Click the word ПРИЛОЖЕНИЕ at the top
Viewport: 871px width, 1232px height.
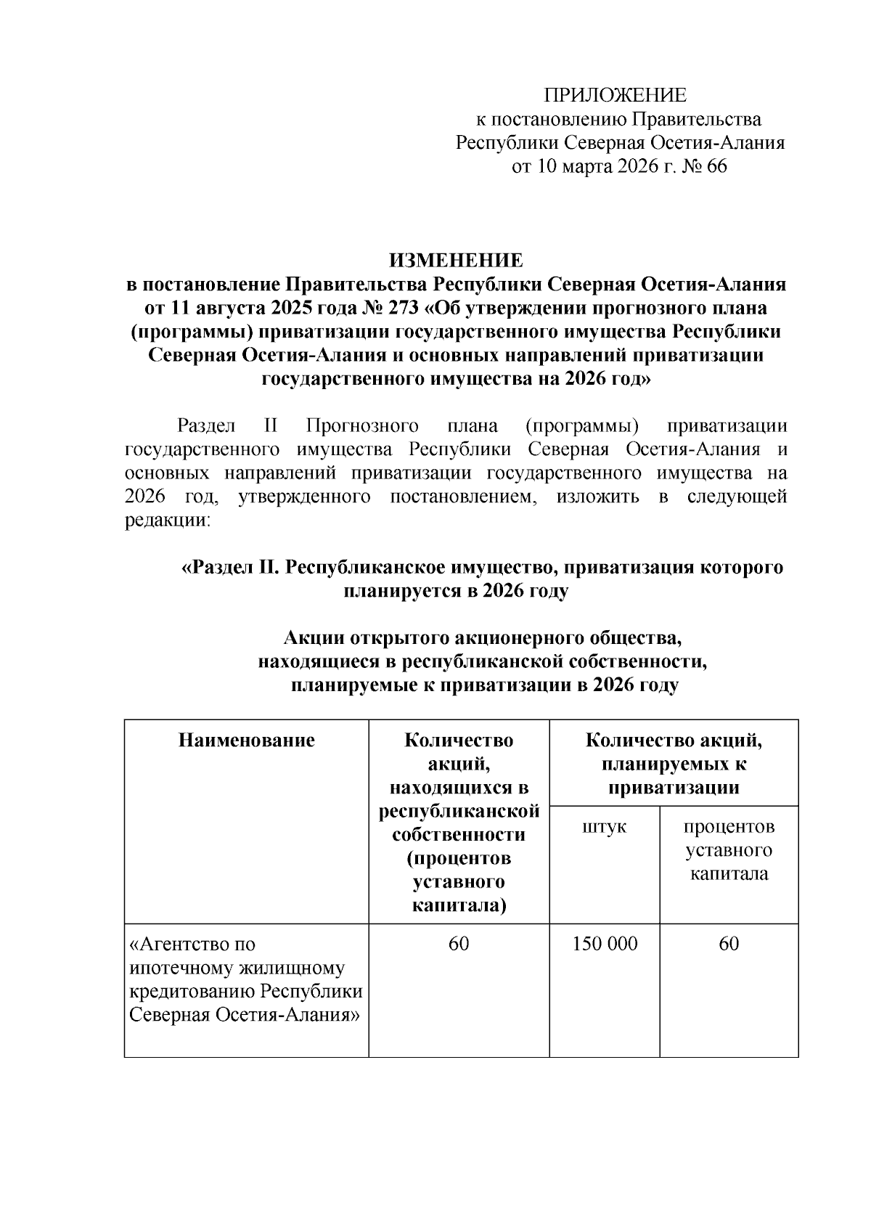point(616,95)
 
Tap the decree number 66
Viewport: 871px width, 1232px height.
point(715,167)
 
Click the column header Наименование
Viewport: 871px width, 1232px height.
point(246,740)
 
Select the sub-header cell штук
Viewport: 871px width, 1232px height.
point(604,827)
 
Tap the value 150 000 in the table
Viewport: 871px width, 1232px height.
point(604,943)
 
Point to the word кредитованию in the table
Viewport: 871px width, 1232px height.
point(192,991)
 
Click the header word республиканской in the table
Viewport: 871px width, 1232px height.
point(459,810)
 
